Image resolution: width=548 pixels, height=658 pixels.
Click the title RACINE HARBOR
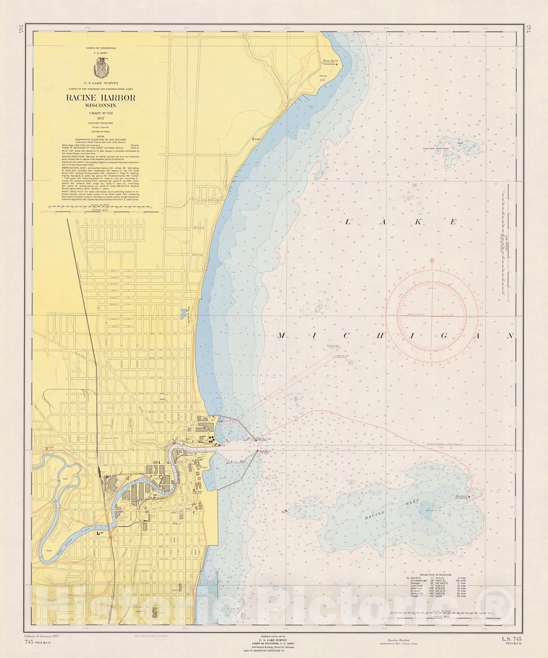(x=101, y=98)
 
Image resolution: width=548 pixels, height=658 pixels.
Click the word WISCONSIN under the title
(x=101, y=106)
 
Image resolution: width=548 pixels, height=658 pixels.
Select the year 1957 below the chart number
(x=101, y=118)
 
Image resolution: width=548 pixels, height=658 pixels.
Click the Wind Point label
(x=330, y=60)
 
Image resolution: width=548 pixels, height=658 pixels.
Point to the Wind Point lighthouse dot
(x=337, y=64)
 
